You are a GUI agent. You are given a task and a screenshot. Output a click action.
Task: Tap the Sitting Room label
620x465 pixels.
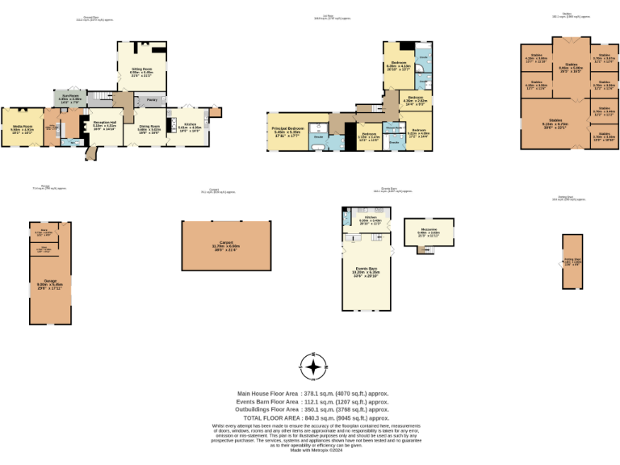pos(142,69)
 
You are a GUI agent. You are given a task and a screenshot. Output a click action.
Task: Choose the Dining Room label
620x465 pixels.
pos(148,126)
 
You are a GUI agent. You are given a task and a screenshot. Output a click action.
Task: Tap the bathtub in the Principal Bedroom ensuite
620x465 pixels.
pos(319,147)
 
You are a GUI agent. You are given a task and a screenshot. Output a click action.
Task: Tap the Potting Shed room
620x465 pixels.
pos(572,262)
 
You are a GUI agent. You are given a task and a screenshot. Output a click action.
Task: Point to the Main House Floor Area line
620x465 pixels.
pos(310,393)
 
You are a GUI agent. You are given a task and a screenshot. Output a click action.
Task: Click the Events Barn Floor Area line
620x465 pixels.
pos(310,401)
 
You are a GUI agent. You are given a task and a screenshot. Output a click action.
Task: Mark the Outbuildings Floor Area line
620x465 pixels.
pos(310,410)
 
